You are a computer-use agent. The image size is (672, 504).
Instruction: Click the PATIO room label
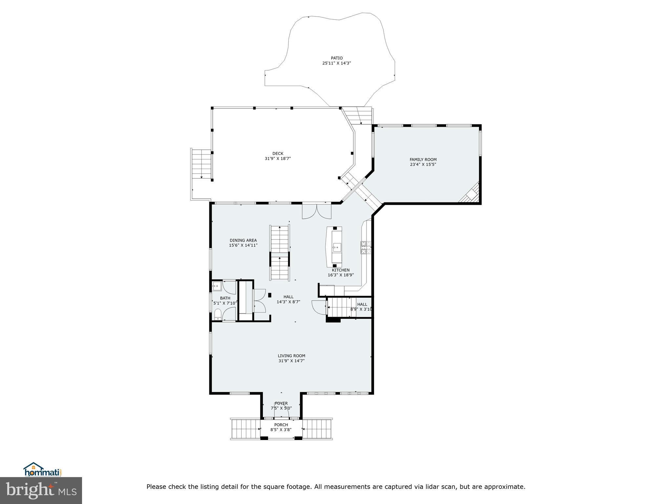337,58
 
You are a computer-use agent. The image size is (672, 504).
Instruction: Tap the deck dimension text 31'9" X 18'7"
278,158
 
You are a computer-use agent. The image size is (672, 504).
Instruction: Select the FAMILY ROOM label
423,159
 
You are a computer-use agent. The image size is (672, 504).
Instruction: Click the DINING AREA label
243,240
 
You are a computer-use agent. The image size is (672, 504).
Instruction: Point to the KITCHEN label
341,270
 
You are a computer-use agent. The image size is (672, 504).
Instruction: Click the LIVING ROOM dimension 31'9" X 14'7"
291,361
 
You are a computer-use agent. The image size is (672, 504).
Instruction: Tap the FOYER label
281,403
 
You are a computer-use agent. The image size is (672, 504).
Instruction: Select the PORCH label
281,425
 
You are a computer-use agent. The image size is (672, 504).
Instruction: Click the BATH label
225,298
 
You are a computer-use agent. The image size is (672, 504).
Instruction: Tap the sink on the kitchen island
337,247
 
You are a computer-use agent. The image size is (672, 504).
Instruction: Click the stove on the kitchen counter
366,248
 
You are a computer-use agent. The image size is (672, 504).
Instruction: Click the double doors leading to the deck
317,212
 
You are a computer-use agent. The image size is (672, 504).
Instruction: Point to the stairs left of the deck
201,164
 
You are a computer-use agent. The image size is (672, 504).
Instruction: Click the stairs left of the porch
246,429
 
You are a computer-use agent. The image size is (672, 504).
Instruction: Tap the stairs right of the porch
317,429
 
